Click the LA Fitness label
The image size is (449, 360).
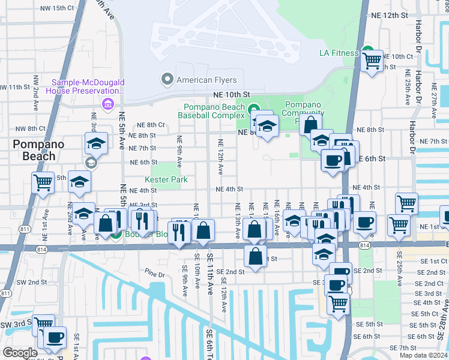click(339, 53)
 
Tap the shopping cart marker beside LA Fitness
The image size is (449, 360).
click(372, 60)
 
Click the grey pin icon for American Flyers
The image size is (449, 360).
click(167, 79)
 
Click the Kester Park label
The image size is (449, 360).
click(166, 179)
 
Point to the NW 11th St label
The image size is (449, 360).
click(15, 87)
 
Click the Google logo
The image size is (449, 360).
click(20, 353)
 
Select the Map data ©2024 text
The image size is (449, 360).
click(424, 355)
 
